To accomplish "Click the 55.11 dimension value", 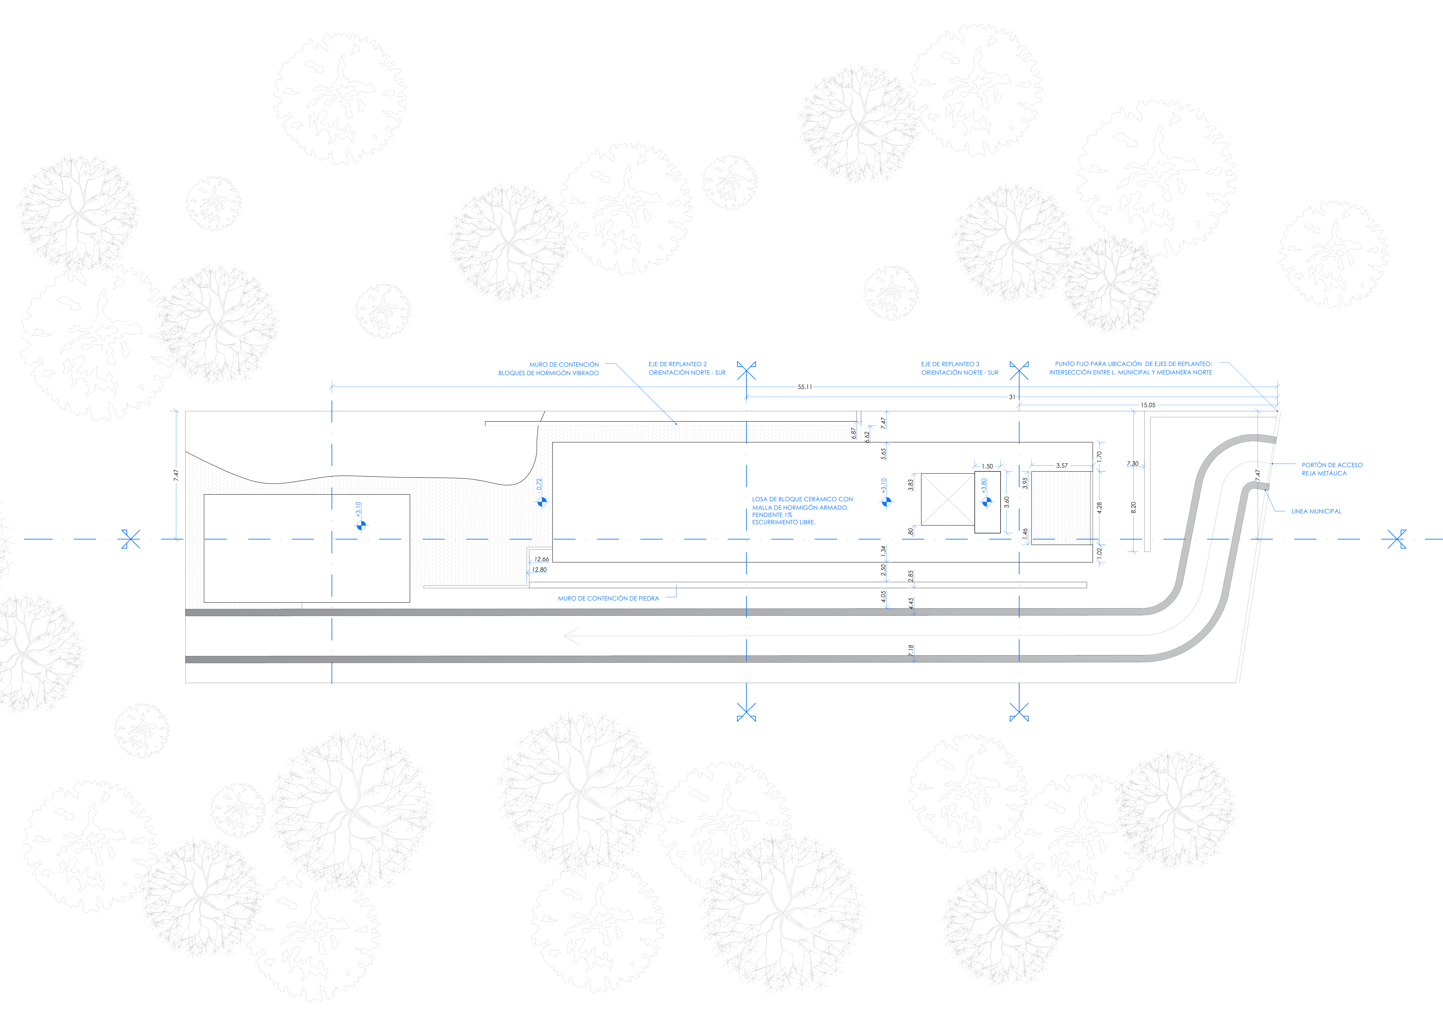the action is click(805, 387).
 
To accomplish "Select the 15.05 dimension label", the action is click(1148, 405).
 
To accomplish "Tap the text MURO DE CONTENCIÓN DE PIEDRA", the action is click(608, 599).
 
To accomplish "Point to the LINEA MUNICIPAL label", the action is click(1316, 511).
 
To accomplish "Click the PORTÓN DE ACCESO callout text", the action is click(1332, 465).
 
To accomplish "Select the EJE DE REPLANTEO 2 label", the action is click(677, 364).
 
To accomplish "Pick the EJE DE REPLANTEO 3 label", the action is click(950, 364).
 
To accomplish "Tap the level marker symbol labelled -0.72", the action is click(542, 502).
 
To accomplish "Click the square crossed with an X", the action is click(948, 499).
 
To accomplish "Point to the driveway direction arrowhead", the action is click(572, 636).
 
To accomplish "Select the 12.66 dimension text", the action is click(541, 559).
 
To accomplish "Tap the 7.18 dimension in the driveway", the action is click(911, 651).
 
